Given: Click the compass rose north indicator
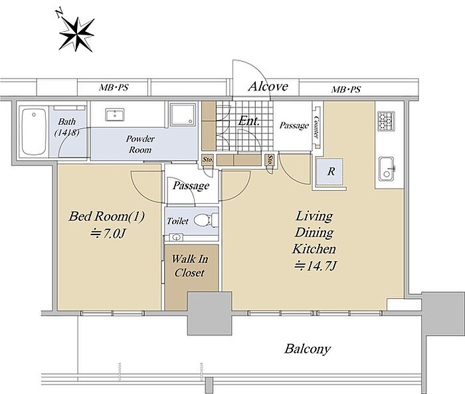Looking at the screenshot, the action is click(x=76, y=33).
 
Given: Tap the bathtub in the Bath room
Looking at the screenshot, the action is click(x=34, y=132).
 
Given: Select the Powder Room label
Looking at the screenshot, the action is click(x=140, y=144).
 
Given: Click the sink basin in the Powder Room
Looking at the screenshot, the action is click(x=115, y=115).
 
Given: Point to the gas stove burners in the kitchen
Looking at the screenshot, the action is click(x=386, y=121).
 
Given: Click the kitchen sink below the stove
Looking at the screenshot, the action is click(x=387, y=169).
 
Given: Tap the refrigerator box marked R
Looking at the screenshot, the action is click(x=330, y=172).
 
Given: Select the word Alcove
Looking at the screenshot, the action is click(x=268, y=86).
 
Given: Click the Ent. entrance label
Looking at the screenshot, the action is click(x=249, y=121).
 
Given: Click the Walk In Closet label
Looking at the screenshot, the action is click(x=190, y=266).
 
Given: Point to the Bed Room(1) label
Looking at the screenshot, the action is click(x=107, y=217).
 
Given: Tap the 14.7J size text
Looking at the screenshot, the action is click(x=316, y=266).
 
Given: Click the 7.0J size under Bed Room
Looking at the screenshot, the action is click(x=108, y=234).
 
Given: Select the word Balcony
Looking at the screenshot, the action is click(x=308, y=349).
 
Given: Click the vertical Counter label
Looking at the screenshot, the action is click(x=316, y=127).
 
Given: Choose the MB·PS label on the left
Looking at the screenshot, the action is click(x=114, y=88).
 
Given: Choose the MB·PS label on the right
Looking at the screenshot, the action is click(x=346, y=89).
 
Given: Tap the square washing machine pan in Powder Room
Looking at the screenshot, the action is click(x=183, y=114).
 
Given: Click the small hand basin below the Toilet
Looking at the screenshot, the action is click(x=177, y=237).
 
